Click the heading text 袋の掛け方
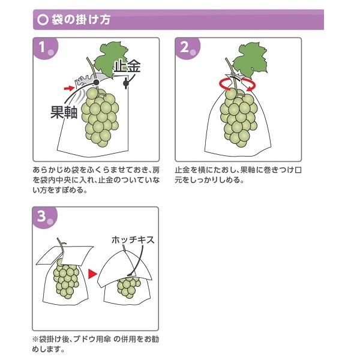point(81,20)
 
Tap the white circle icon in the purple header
point(43,20)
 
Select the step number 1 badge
point(45,48)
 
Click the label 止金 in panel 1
point(127,67)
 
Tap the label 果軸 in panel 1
point(64,112)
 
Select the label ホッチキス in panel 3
point(133,240)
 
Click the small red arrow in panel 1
point(69,88)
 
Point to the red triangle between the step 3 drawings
point(93,274)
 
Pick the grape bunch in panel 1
point(100,116)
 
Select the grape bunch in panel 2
point(239,118)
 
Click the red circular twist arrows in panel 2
point(238,85)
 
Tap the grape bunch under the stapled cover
point(128,287)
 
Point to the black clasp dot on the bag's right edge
point(126,83)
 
